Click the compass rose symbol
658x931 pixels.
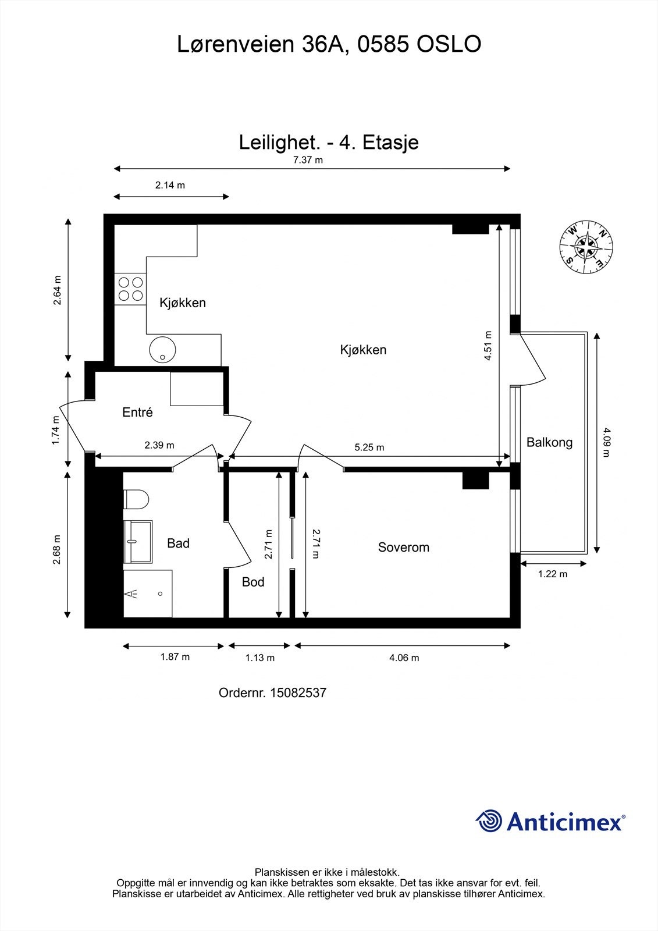(x=586, y=247)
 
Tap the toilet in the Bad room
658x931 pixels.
(x=136, y=499)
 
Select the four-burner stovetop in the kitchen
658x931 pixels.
(x=130, y=289)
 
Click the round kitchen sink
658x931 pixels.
(x=162, y=349)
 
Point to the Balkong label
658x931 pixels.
(x=550, y=442)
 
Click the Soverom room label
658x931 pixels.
(x=403, y=547)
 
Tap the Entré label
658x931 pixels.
(x=137, y=412)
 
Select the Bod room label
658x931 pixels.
(x=253, y=582)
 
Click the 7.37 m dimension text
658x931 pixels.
(x=308, y=160)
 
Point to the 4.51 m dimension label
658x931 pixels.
(x=488, y=346)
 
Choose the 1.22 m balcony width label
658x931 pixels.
(x=553, y=574)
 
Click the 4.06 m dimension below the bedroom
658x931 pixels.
(x=404, y=658)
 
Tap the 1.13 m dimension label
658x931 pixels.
(x=260, y=658)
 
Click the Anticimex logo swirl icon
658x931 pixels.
(x=489, y=821)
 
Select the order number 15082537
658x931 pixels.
(x=298, y=693)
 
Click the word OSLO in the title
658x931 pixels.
(x=449, y=44)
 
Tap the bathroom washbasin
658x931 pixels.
(x=138, y=542)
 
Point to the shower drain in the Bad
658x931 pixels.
(x=161, y=594)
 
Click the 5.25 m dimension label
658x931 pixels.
(x=369, y=447)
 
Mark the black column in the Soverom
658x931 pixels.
(x=476, y=481)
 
